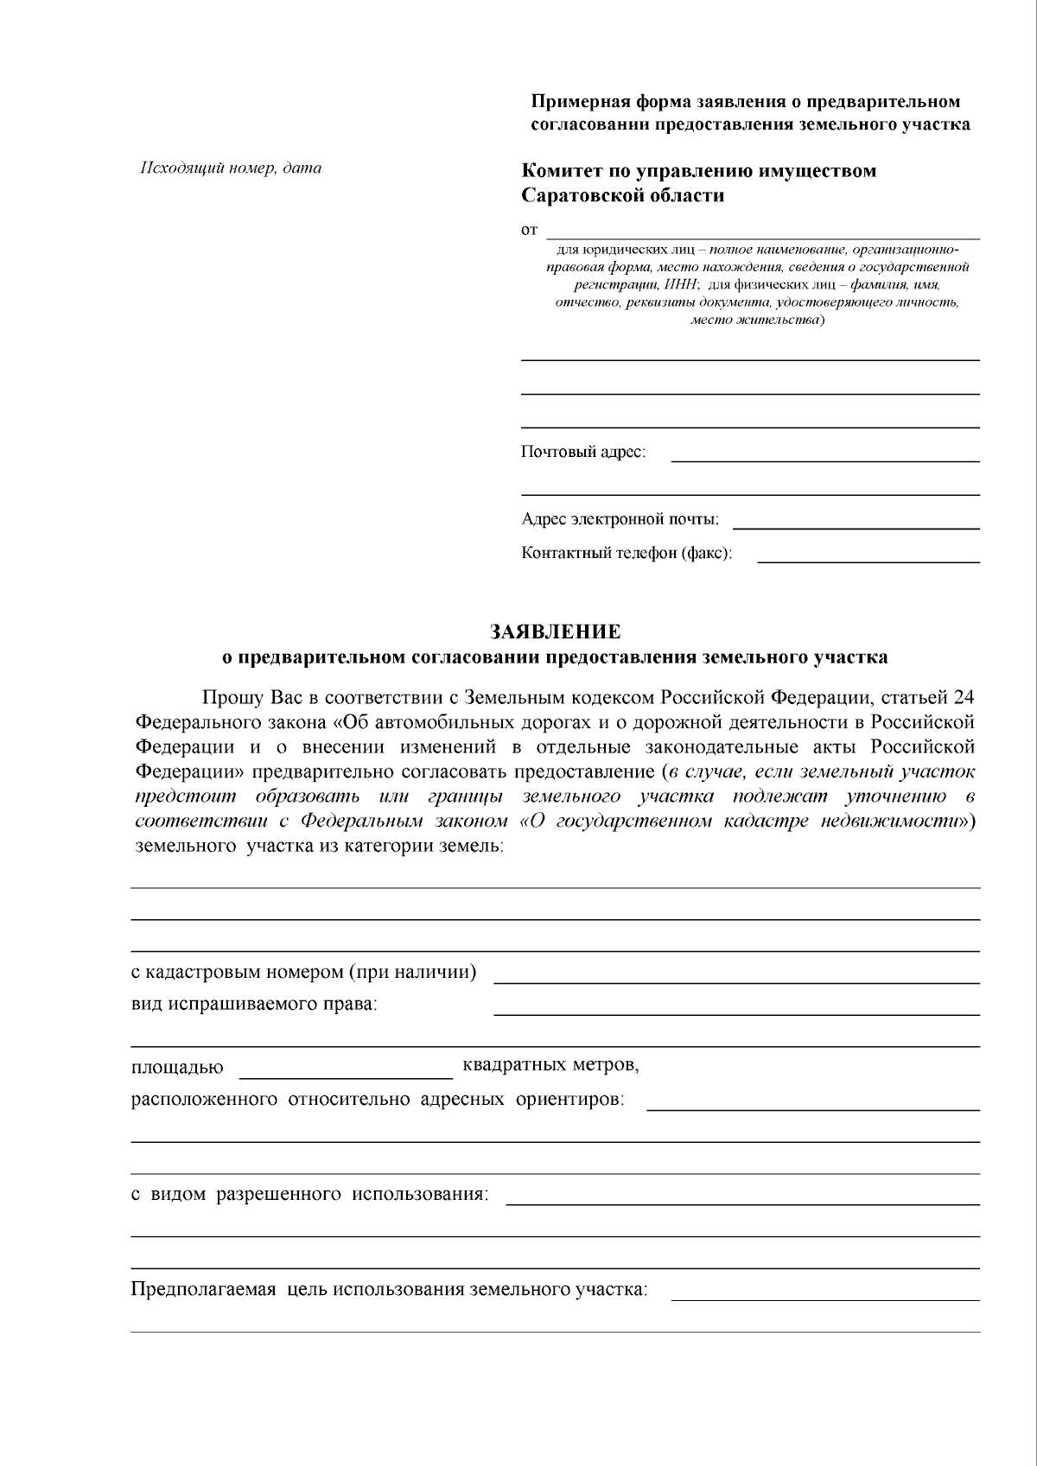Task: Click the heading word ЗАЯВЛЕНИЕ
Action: (556, 631)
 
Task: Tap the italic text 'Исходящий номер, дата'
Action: (231, 168)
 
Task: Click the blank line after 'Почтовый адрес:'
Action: (825, 458)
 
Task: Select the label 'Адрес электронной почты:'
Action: (620, 519)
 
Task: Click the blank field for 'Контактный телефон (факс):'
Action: (868, 559)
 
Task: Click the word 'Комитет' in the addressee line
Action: (561, 171)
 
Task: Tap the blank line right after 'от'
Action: (764, 234)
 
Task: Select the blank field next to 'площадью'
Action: (345, 1075)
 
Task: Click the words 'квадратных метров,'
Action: (551, 1064)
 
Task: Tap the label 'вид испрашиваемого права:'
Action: (254, 1005)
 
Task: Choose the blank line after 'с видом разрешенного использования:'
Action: (742, 1201)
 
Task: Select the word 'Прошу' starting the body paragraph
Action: (228, 697)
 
